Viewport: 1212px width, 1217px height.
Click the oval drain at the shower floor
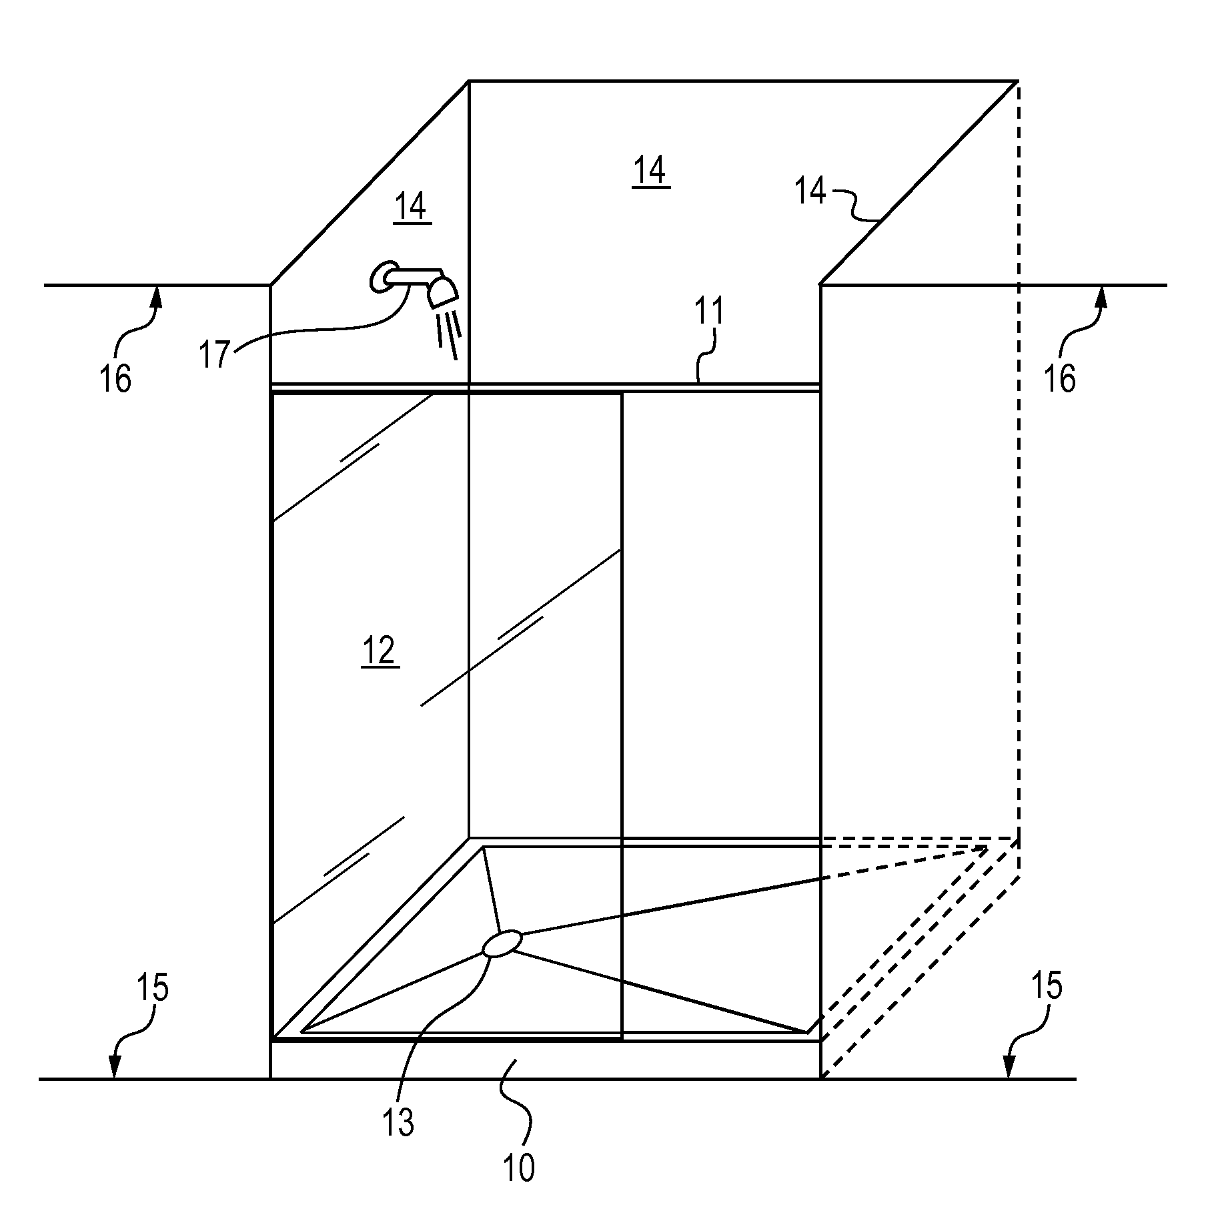point(502,944)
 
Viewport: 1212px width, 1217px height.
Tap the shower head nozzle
point(442,292)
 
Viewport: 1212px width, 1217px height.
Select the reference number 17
point(215,354)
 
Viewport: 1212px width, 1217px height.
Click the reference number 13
point(398,1123)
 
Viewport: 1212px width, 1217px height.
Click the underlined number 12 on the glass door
point(380,651)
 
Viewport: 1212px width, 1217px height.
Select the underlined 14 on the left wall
point(412,206)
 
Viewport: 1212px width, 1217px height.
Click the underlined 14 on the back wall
point(650,171)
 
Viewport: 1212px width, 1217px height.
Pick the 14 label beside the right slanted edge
point(810,191)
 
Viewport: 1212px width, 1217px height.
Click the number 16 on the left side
point(115,379)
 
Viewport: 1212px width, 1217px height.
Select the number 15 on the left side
point(152,987)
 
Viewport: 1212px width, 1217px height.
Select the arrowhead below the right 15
point(1009,1067)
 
